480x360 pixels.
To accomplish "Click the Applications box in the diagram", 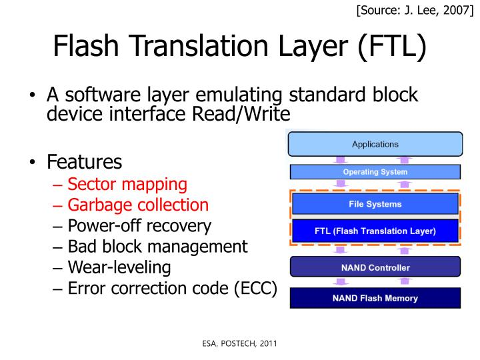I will click(375, 144).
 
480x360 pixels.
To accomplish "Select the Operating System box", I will click(375, 172).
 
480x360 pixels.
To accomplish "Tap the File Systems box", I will click(375, 204).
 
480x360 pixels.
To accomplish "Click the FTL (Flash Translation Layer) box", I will click(375, 231).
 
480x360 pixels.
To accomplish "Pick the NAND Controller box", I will click(375, 267).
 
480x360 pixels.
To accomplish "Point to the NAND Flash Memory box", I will click(375, 298).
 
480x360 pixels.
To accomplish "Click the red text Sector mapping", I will click(127, 183).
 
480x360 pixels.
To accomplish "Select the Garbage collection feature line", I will click(138, 205).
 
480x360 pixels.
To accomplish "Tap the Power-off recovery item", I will click(139, 225).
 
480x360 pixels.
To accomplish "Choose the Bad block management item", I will click(157, 246).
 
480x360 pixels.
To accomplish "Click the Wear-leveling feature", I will click(119, 267).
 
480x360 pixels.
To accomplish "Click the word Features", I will click(84, 161).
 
